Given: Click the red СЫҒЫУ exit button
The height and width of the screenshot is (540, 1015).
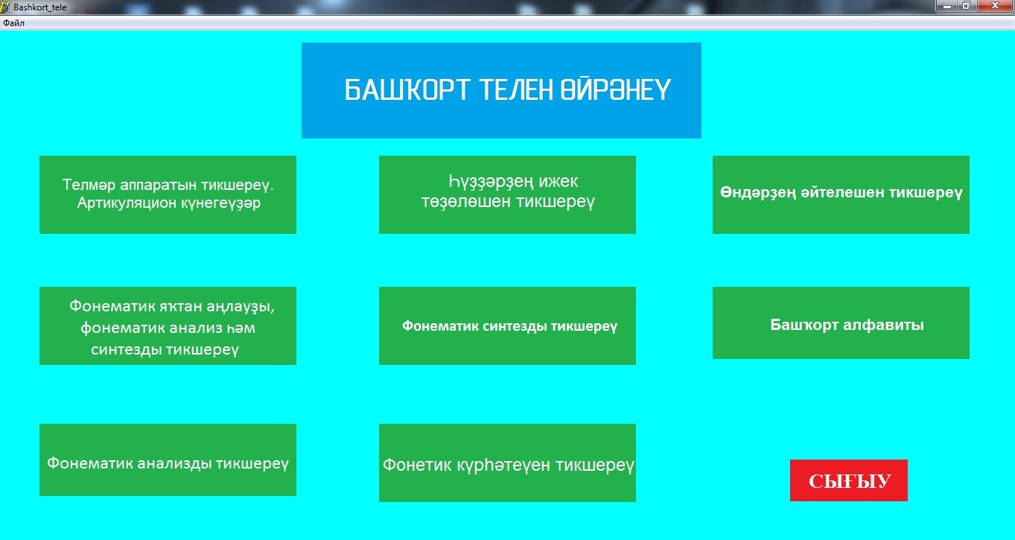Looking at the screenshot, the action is (849, 480).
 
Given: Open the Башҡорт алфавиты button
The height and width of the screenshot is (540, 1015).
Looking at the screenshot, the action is (841, 323).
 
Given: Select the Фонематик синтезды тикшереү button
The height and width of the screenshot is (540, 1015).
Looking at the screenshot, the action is (508, 325).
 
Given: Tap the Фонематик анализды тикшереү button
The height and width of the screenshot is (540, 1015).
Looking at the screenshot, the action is (168, 460).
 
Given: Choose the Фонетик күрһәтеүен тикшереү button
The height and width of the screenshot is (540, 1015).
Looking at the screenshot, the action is (508, 463).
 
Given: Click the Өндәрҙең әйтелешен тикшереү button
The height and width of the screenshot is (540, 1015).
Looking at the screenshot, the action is (841, 195).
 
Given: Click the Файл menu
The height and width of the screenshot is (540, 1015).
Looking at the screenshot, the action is (13, 23).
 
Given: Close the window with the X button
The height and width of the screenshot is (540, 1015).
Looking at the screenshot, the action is (996, 6).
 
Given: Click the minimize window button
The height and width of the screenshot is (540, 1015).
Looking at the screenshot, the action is (946, 6).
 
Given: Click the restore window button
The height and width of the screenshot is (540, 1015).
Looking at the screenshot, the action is (967, 6).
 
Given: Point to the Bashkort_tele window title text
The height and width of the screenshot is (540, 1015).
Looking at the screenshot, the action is (40, 7).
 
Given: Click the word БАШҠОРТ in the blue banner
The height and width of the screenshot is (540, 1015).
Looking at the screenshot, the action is (407, 89).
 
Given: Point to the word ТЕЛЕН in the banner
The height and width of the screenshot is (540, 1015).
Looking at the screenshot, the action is (516, 89).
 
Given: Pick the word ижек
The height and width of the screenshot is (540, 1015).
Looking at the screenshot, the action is (559, 181).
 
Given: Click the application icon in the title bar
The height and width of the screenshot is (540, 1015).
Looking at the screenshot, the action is (4, 7).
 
